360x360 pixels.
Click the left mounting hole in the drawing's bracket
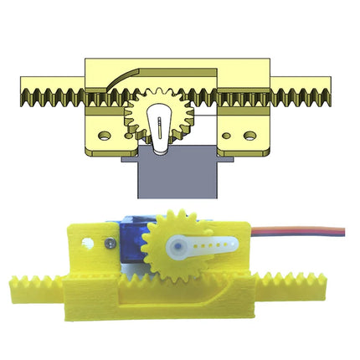[104, 132]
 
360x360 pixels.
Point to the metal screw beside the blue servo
[109, 243]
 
